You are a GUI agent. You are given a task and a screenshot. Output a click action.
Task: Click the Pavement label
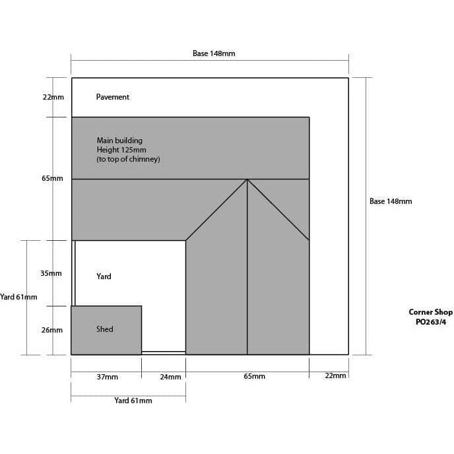coord(113,97)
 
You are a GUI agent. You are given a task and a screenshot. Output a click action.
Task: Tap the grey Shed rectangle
coord(106,330)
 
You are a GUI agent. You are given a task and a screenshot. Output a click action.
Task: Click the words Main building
coord(119,141)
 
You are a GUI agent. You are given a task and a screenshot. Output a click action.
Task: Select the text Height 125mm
coord(121,150)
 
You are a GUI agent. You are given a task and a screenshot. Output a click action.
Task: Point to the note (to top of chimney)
coord(129,160)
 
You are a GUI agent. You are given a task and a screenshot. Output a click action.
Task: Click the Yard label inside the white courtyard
coord(104,276)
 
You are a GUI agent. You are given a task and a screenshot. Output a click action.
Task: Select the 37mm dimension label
coord(107,377)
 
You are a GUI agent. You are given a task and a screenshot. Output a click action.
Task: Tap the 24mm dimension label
coord(170,377)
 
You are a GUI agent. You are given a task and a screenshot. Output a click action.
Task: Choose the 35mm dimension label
coord(51,273)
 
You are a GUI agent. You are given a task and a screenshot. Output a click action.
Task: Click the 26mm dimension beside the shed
coord(51,330)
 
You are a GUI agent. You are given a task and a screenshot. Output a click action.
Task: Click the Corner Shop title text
coord(430,312)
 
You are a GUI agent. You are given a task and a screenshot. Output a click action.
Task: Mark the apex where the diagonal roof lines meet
coord(247,179)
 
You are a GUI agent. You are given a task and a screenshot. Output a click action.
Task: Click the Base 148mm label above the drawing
coord(214,53)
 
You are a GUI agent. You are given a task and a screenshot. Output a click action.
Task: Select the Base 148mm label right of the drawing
coord(391,201)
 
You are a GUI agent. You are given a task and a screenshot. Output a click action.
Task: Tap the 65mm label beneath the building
coord(254,377)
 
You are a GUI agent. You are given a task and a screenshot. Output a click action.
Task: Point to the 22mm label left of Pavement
coord(53,97)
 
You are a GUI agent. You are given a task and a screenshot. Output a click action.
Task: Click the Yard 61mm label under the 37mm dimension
coord(133,401)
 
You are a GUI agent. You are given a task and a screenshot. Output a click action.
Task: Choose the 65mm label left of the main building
coord(52,179)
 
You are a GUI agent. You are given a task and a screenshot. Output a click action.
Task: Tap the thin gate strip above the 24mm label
coord(164,353)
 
